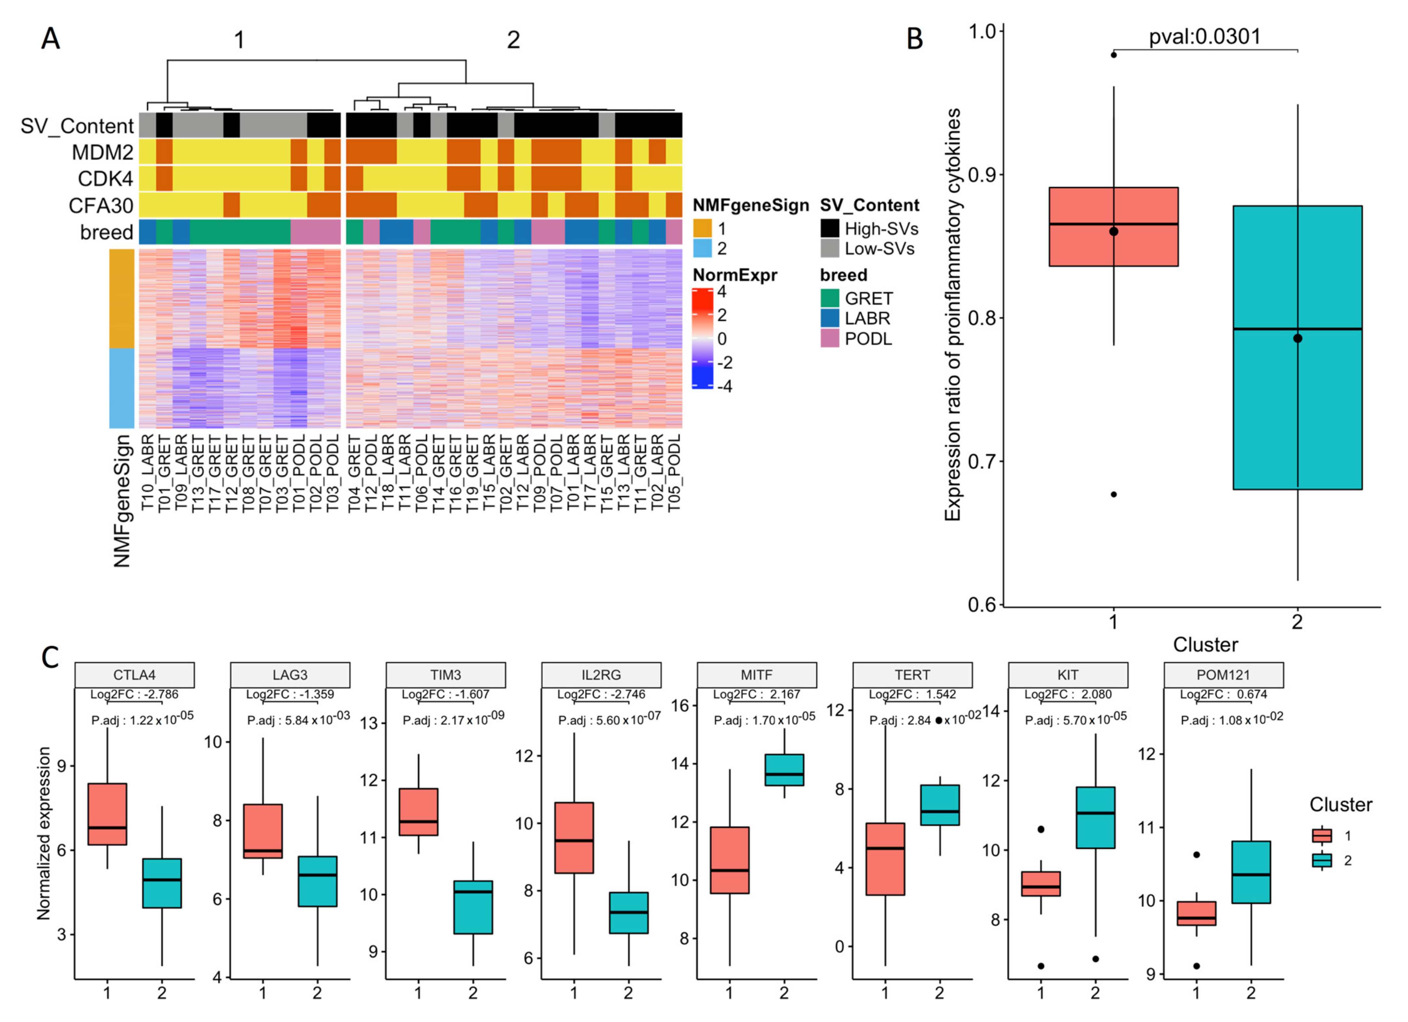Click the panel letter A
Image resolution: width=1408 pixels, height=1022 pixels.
click(x=50, y=39)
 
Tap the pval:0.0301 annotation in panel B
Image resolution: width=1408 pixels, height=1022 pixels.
click(x=1204, y=36)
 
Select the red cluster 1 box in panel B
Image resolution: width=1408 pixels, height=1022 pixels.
click(x=1113, y=227)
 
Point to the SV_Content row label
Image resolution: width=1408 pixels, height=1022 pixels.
click(x=77, y=126)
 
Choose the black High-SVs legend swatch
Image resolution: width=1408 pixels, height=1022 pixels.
click(x=830, y=229)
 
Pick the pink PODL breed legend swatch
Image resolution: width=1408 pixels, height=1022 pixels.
click(x=830, y=338)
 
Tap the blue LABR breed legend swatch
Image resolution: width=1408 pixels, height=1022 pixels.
click(x=830, y=318)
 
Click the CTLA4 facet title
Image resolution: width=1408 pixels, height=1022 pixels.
click(x=134, y=675)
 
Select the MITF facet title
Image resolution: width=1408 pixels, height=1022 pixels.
click(x=756, y=675)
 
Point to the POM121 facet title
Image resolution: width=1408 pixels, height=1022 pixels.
click(x=1223, y=675)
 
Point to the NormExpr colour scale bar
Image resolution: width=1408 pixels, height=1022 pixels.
click(x=702, y=338)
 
